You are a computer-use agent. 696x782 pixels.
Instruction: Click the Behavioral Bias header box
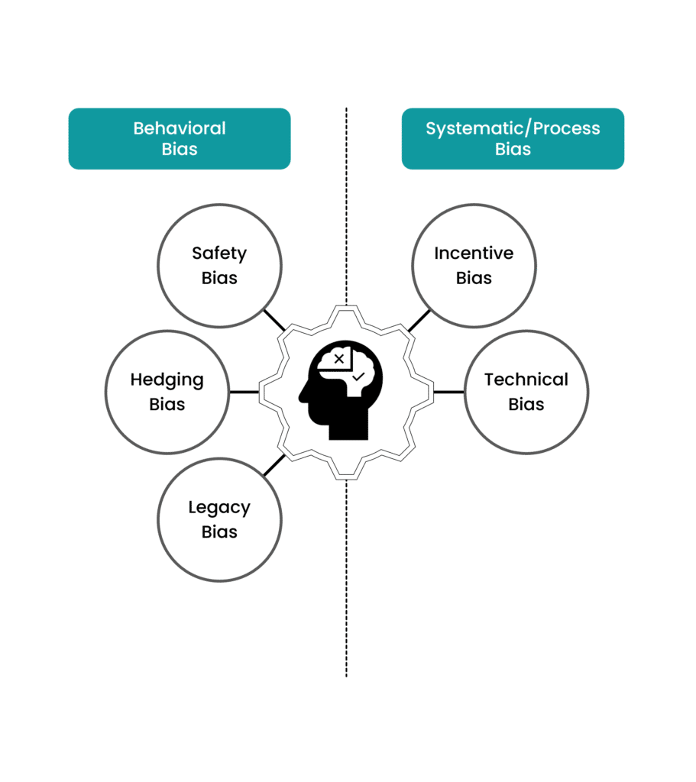180,138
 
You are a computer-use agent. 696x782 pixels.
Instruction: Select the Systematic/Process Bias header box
513,138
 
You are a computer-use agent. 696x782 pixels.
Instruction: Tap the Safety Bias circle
219,266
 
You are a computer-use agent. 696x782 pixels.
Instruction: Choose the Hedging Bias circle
167,392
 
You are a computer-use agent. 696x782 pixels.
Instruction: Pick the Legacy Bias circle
219,519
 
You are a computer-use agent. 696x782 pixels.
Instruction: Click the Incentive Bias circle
474,266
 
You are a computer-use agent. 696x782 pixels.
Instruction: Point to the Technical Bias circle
526,392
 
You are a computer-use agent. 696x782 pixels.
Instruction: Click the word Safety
219,253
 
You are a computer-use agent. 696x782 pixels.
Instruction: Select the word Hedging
167,380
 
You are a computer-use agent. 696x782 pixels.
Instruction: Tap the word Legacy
219,507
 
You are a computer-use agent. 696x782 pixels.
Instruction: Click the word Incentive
474,253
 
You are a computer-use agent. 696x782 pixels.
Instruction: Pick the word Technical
526,380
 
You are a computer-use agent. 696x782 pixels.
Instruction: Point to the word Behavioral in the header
180,128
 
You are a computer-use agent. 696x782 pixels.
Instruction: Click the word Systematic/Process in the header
513,128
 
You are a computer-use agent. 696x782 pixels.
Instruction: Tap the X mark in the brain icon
339,358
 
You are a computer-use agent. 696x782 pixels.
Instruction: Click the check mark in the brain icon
358,376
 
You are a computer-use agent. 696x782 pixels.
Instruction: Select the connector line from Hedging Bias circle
244,392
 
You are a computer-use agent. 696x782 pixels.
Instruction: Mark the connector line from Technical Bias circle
448,392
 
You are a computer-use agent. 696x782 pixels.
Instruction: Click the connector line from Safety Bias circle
274,320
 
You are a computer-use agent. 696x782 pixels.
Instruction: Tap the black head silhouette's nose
301,396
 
